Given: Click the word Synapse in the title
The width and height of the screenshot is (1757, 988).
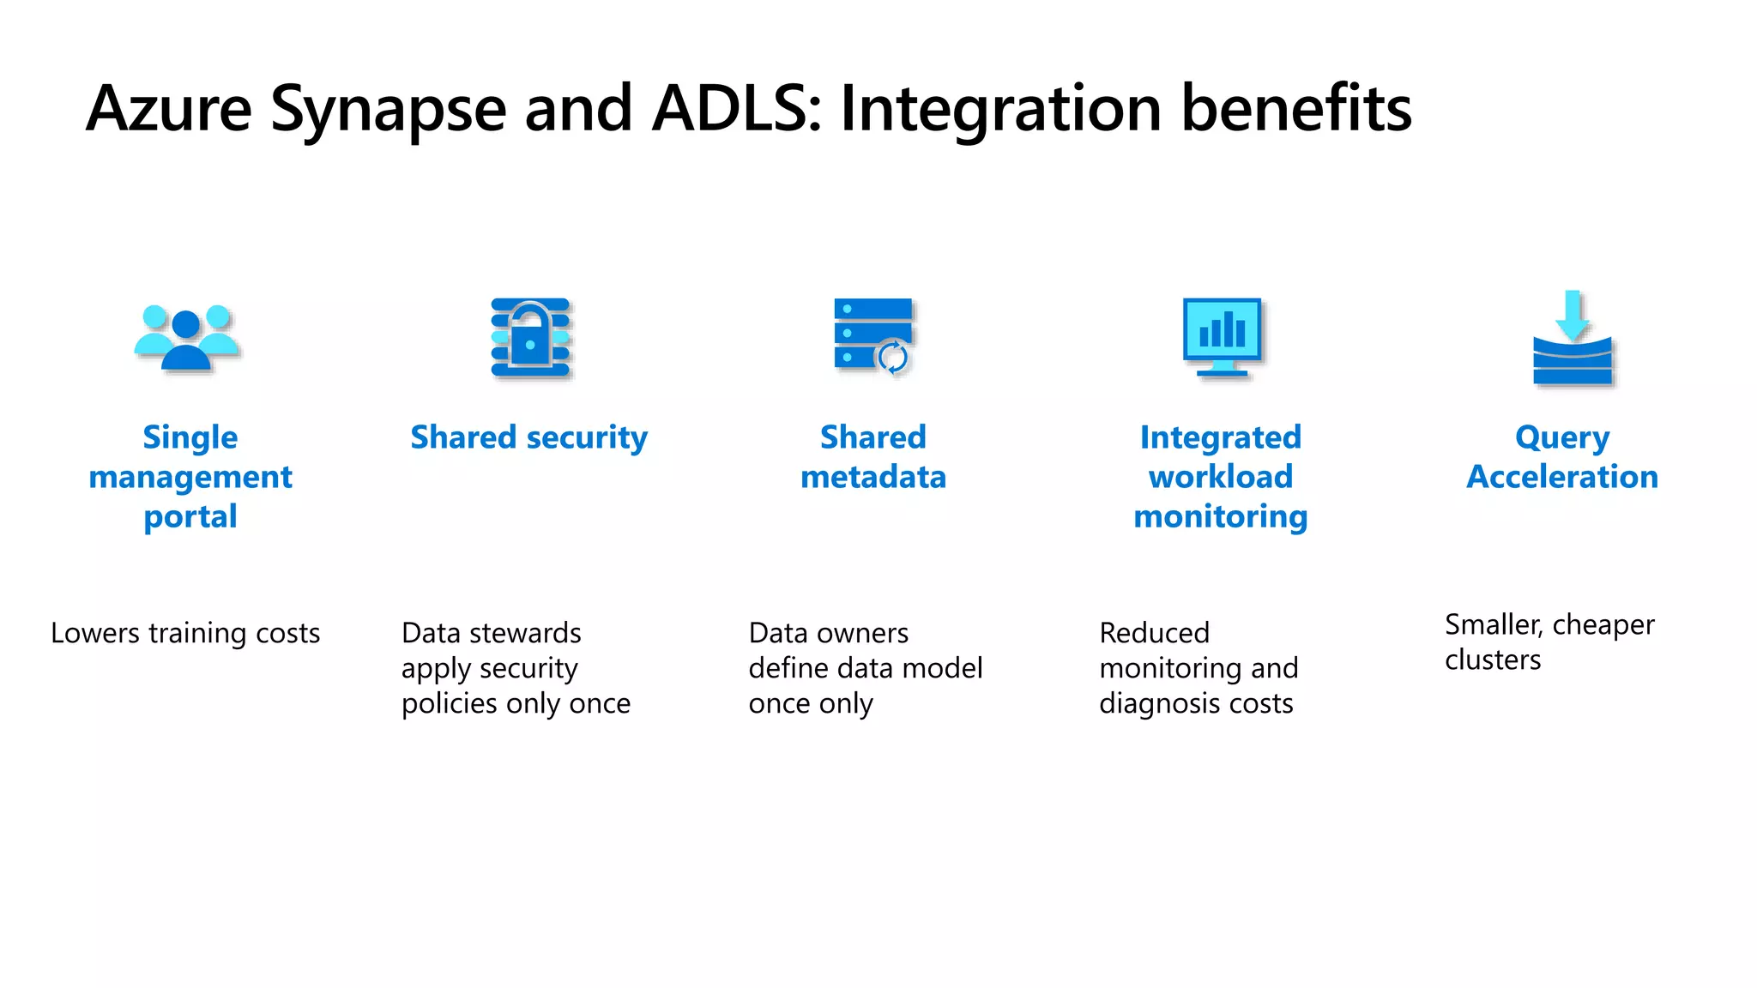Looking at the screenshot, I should coord(388,110).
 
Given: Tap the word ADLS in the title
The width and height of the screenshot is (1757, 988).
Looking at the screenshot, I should coord(736,108).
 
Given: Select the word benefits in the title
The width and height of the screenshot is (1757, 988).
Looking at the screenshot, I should coord(1295,108).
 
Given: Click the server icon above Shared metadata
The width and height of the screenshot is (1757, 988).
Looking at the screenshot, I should coord(872,334).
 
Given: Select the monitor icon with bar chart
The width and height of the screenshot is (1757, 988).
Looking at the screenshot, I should coord(1222,335).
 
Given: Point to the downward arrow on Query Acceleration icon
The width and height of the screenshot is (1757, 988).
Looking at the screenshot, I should coord(1573,314).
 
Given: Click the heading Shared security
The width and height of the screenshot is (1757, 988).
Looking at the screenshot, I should coord(528,437).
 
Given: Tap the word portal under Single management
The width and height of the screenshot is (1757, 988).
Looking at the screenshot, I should coord(190,517).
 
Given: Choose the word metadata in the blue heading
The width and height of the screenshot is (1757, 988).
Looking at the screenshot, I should coord(873,477).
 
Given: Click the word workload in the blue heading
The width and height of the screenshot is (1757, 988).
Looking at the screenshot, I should coord(1220,477).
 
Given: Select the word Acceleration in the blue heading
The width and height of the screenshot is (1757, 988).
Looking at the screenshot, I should coord(1562,477).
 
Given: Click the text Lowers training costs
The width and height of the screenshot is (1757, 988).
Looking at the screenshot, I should coord(185,633).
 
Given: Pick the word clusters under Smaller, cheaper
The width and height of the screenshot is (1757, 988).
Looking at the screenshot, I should coord(1493,660).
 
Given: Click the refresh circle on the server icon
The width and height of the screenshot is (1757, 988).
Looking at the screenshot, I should coord(893,356).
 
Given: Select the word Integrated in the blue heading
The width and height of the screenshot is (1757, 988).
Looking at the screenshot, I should coord(1220,437).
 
